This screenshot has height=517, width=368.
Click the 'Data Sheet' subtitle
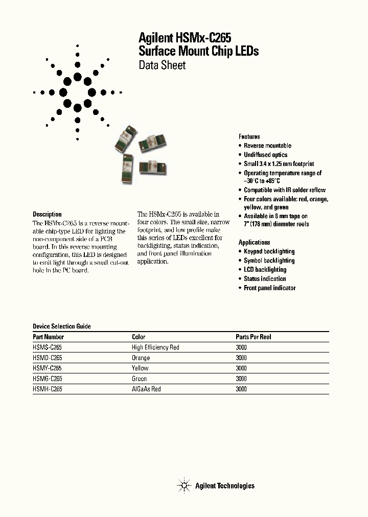162,65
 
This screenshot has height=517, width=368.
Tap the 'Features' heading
249,136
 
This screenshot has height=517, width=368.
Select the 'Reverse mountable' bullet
267,146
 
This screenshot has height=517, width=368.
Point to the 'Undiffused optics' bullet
265,155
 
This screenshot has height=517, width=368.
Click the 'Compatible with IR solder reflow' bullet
284,190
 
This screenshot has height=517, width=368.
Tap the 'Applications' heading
254,242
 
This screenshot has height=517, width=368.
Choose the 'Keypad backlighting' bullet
269,251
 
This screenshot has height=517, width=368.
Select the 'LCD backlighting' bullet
265,270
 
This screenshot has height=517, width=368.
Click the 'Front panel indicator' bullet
269,288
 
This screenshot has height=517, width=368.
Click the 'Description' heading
47,215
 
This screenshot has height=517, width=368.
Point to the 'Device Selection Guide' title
62,326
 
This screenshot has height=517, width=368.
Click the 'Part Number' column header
49,337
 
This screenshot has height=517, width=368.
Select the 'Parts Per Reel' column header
253,337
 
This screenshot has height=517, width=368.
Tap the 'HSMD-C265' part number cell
48,358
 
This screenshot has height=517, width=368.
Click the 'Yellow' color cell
140,368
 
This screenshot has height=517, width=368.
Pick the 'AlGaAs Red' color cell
146,389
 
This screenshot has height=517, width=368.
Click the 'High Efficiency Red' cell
155,347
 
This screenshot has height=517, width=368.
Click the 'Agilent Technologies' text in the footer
224,486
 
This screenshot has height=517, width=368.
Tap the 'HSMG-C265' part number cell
48,379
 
